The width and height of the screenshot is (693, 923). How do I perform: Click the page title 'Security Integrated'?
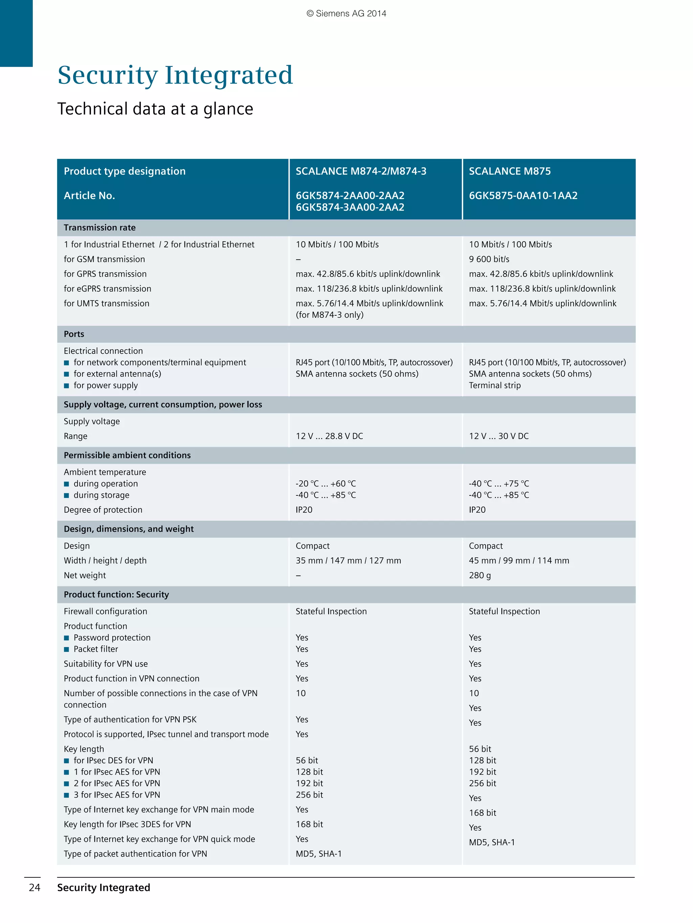pyautogui.click(x=175, y=75)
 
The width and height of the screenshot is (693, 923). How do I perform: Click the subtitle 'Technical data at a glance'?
pyautogui.click(x=155, y=109)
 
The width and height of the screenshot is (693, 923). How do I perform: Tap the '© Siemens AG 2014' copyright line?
pyautogui.click(x=346, y=14)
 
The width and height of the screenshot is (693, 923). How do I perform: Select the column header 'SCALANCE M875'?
pyautogui.click(x=510, y=171)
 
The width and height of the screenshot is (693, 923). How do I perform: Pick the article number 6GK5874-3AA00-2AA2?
pyautogui.click(x=350, y=208)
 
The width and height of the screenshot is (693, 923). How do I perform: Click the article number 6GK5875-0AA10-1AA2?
pyautogui.click(x=523, y=196)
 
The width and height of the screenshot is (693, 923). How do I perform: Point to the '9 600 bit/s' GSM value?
pyautogui.click(x=489, y=259)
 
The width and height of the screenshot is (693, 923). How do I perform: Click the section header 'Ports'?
pyautogui.click(x=74, y=334)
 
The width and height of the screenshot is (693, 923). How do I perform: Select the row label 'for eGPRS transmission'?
pyautogui.click(x=107, y=289)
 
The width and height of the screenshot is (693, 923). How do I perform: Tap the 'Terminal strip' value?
pyautogui.click(x=495, y=386)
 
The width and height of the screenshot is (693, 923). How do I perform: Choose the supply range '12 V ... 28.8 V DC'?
pyautogui.click(x=329, y=436)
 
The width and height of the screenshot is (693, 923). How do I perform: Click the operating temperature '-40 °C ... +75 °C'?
pyautogui.click(x=499, y=484)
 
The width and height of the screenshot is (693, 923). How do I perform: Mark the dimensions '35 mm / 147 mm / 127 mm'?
pyautogui.click(x=348, y=560)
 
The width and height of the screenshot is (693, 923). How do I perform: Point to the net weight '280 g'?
pyautogui.click(x=479, y=576)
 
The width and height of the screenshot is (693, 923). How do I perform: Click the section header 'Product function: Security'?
pyautogui.click(x=116, y=594)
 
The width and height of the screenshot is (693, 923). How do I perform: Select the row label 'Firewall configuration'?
pyautogui.click(x=105, y=611)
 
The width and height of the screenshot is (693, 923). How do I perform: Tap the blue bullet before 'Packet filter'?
pyautogui.click(x=66, y=649)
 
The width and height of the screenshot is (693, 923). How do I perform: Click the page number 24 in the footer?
pyautogui.click(x=34, y=888)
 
